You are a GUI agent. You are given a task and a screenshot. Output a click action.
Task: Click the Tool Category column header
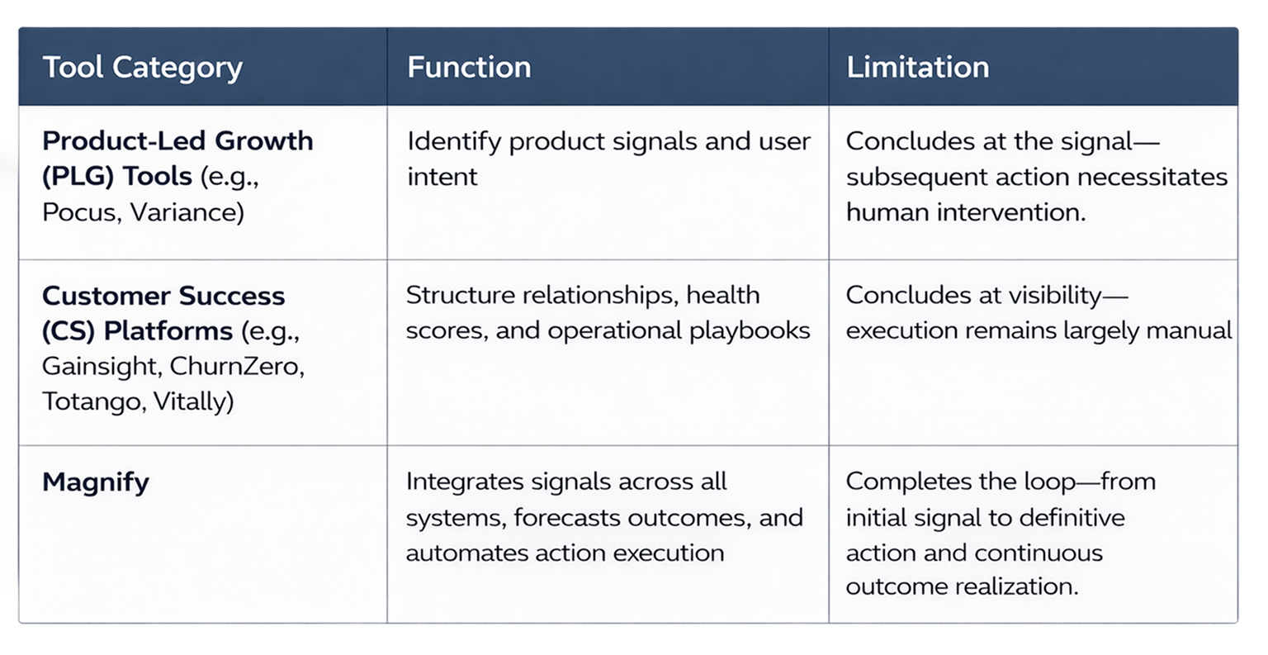point(142,68)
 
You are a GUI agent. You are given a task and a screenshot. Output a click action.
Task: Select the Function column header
point(469,68)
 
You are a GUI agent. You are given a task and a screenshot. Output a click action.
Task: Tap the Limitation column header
point(917,68)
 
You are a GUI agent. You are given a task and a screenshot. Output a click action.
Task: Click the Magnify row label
point(96,482)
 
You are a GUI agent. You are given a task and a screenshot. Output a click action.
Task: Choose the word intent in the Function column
point(442,177)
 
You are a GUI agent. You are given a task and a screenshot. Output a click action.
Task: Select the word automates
point(464,553)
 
